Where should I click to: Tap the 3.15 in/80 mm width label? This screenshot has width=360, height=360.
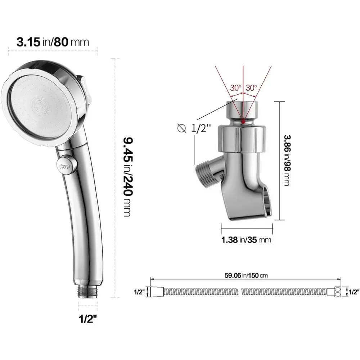tap(53, 42)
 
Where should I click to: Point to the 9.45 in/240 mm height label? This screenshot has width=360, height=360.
tap(128, 177)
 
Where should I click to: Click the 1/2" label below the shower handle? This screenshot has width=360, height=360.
tap(88, 319)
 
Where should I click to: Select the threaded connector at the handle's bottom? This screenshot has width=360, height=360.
tap(87, 292)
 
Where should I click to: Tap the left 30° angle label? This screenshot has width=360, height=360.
tap(236, 88)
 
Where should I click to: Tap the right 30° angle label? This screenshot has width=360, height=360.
tap(251, 88)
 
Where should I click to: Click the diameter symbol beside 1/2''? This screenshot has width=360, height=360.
tap(182, 128)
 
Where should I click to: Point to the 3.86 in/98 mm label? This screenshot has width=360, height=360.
tap(287, 160)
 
